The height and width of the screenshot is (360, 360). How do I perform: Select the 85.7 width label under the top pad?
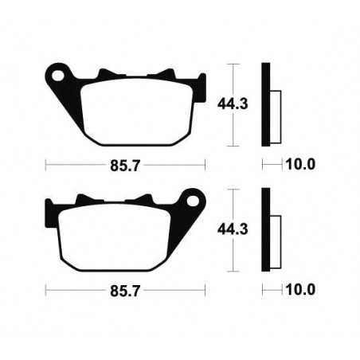(126, 165)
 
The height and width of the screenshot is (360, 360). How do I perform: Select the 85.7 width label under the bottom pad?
(126, 291)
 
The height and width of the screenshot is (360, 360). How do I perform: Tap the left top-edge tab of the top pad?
(104, 76)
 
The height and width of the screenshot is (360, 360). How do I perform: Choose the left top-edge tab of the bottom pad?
(81, 202)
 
